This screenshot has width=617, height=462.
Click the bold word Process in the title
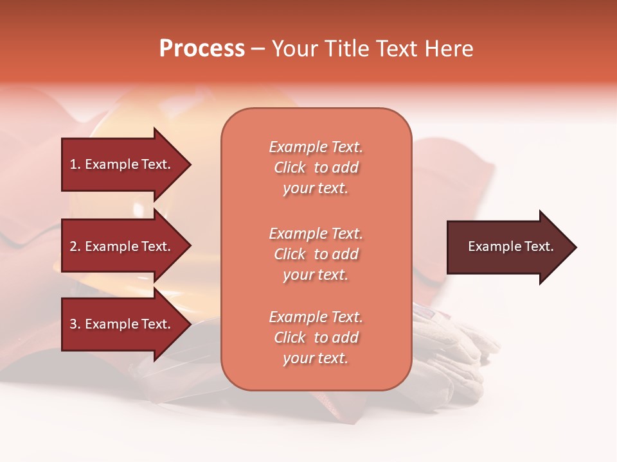202,49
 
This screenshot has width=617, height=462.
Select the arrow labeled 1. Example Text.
122,164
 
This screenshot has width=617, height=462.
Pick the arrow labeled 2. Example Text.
122,246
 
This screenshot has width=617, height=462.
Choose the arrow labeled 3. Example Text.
122,324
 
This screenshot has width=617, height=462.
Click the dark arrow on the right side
508,247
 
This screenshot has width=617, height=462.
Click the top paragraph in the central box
316,167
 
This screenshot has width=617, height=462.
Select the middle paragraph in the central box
316,254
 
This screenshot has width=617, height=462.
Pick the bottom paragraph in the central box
316,338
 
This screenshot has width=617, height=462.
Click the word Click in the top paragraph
290,167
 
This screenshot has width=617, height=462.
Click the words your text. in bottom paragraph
316,358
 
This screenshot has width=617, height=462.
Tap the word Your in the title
295,49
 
